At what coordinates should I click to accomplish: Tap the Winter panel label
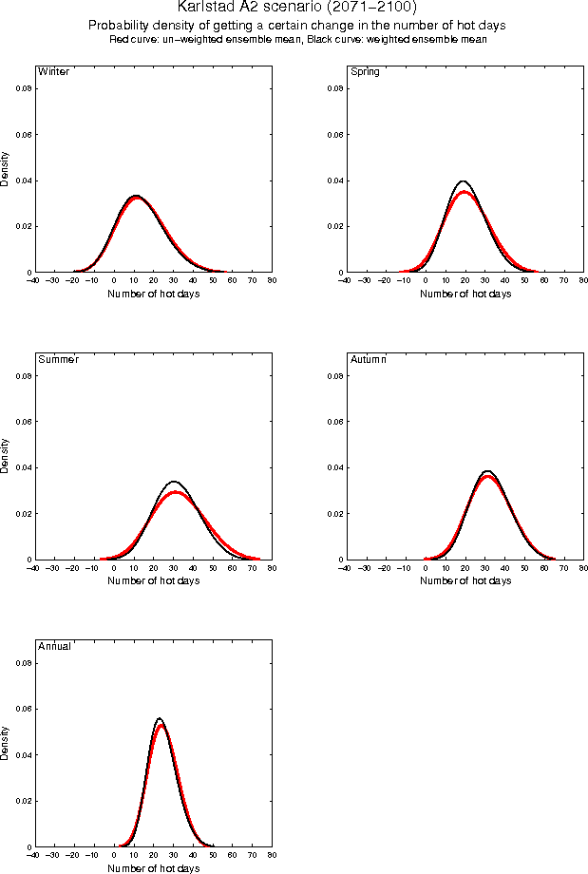point(52,72)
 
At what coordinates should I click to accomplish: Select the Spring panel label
point(366,72)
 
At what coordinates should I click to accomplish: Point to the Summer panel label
point(58,359)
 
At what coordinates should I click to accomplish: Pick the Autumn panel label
point(370,359)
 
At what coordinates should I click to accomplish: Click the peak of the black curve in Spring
point(464,180)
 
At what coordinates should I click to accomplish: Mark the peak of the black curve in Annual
point(160,718)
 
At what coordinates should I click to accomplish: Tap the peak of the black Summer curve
point(173,481)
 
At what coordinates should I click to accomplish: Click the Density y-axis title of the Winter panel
point(6,168)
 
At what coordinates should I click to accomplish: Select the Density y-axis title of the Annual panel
point(6,742)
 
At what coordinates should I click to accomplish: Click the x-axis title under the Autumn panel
point(465,580)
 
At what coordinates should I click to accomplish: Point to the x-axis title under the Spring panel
point(465,294)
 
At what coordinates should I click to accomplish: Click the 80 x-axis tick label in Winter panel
point(272,281)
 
